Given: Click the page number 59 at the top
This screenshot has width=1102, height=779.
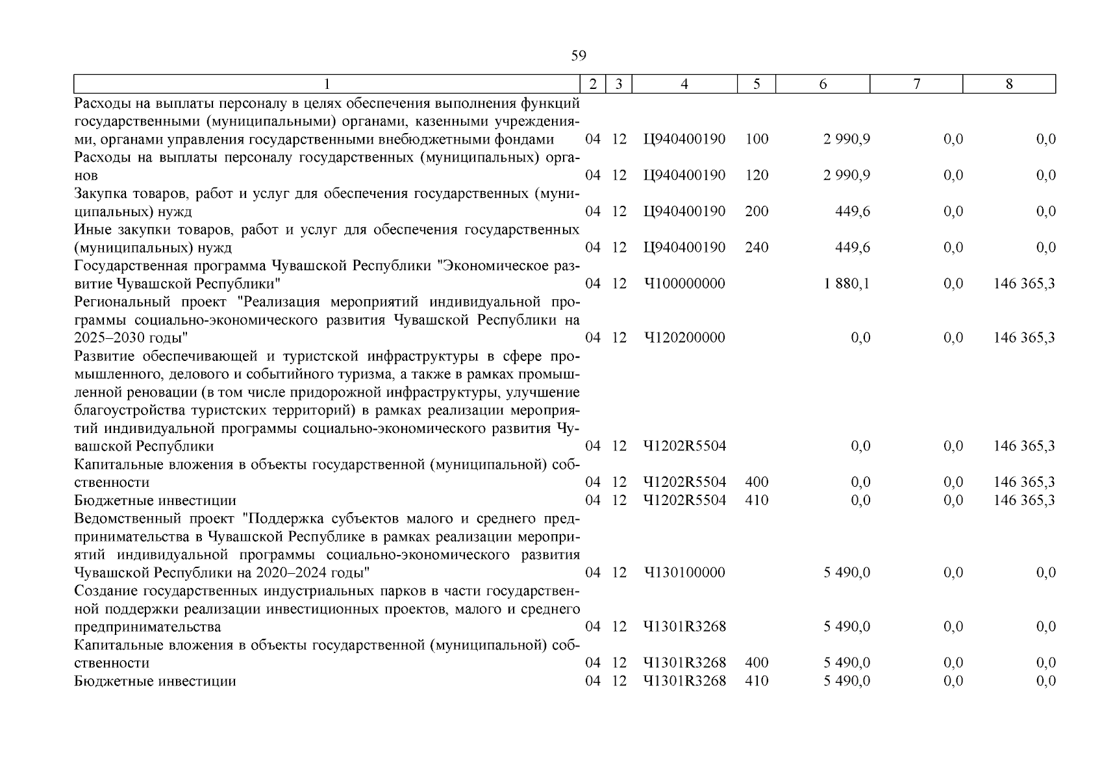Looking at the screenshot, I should pyautogui.click(x=578, y=56).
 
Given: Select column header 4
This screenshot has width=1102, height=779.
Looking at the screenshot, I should pyautogui.click(x=684, y=84).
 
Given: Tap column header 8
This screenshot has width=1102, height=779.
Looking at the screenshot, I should pyautogui.click(x=1008, y=84).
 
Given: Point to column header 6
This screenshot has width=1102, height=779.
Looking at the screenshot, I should pyautogui.click(x=823, y=84).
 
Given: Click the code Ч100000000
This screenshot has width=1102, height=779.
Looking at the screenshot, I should pyautogui.click(x=684, y=284).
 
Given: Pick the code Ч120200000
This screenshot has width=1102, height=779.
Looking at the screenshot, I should pyautogui.click(x=684, y=338).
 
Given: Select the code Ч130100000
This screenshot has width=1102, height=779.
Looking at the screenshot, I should pyautogui.click(x=684, y=573).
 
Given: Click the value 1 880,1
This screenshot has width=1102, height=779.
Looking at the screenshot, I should pyautogui.click(x=847, y=284).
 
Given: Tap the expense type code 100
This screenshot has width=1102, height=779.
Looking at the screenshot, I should pyautogui.click(x=757, y=139).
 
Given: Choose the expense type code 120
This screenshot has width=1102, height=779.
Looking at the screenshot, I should pyautogui.click(x=757, y=175).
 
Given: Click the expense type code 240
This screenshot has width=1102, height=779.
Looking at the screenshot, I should pyautogui.click(x=757, y=247).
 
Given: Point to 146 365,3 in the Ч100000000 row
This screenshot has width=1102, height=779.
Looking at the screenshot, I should pyautogui.click(x=1024, y=284).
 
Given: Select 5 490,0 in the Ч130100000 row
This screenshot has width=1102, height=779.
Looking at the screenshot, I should pyautogui.click(x=847, y=573).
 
